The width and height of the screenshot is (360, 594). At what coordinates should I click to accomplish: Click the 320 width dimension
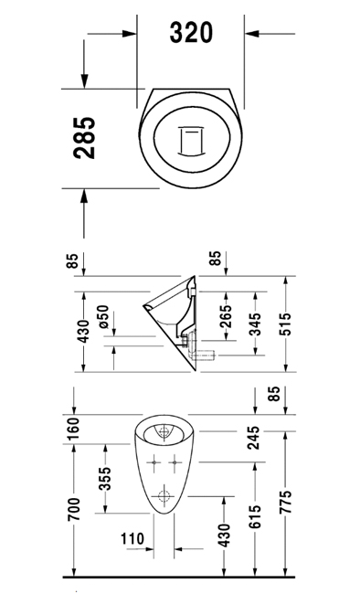(x=191, y=33)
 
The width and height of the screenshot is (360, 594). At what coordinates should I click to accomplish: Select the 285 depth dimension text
(x=84, y=137)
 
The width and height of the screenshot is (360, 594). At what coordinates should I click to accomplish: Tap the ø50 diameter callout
(x=103, y=317)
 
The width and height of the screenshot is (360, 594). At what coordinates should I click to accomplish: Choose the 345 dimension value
(x=256, y=324)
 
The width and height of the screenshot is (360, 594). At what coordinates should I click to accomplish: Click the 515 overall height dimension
(x=285, y=324)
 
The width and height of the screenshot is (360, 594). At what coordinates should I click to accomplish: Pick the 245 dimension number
(x=253, y=438)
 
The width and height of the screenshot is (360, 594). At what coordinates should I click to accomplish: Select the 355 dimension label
(x=105, y=479)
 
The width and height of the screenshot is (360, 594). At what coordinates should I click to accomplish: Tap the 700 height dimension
(x=74, y=510)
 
